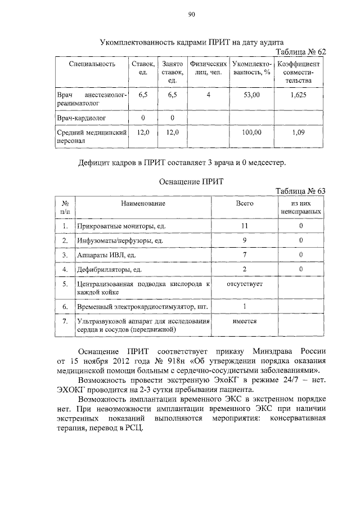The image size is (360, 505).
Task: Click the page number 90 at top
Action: (x=191, y=15)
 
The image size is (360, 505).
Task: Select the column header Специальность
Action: (x=92, y=64)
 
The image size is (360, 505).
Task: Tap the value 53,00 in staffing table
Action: (x=251, y=96)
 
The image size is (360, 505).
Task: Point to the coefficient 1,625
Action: (x=299, y=96)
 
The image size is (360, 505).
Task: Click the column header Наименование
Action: (x=145, y=203)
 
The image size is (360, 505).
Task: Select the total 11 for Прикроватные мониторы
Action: (x=245, y=226)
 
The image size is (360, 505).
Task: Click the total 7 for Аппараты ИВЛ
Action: (x=245, y=254)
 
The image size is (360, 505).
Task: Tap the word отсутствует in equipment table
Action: (x=245, y=284)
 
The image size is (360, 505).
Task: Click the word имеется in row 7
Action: (x=245, y=321)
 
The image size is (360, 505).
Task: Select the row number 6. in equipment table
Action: (x=65, y=306)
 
